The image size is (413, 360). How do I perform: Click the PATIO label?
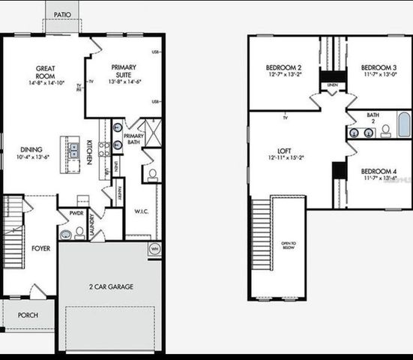point(63,14)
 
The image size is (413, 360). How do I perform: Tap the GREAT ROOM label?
point(45,72)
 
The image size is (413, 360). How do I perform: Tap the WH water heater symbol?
point(154,248)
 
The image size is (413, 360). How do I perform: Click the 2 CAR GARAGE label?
point(109,287)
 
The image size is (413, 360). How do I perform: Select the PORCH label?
point(28,315)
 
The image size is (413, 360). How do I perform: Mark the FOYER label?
point(40,247)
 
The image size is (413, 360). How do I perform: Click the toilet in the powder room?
point(79,232)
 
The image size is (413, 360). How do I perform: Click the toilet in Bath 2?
point(385,131)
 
